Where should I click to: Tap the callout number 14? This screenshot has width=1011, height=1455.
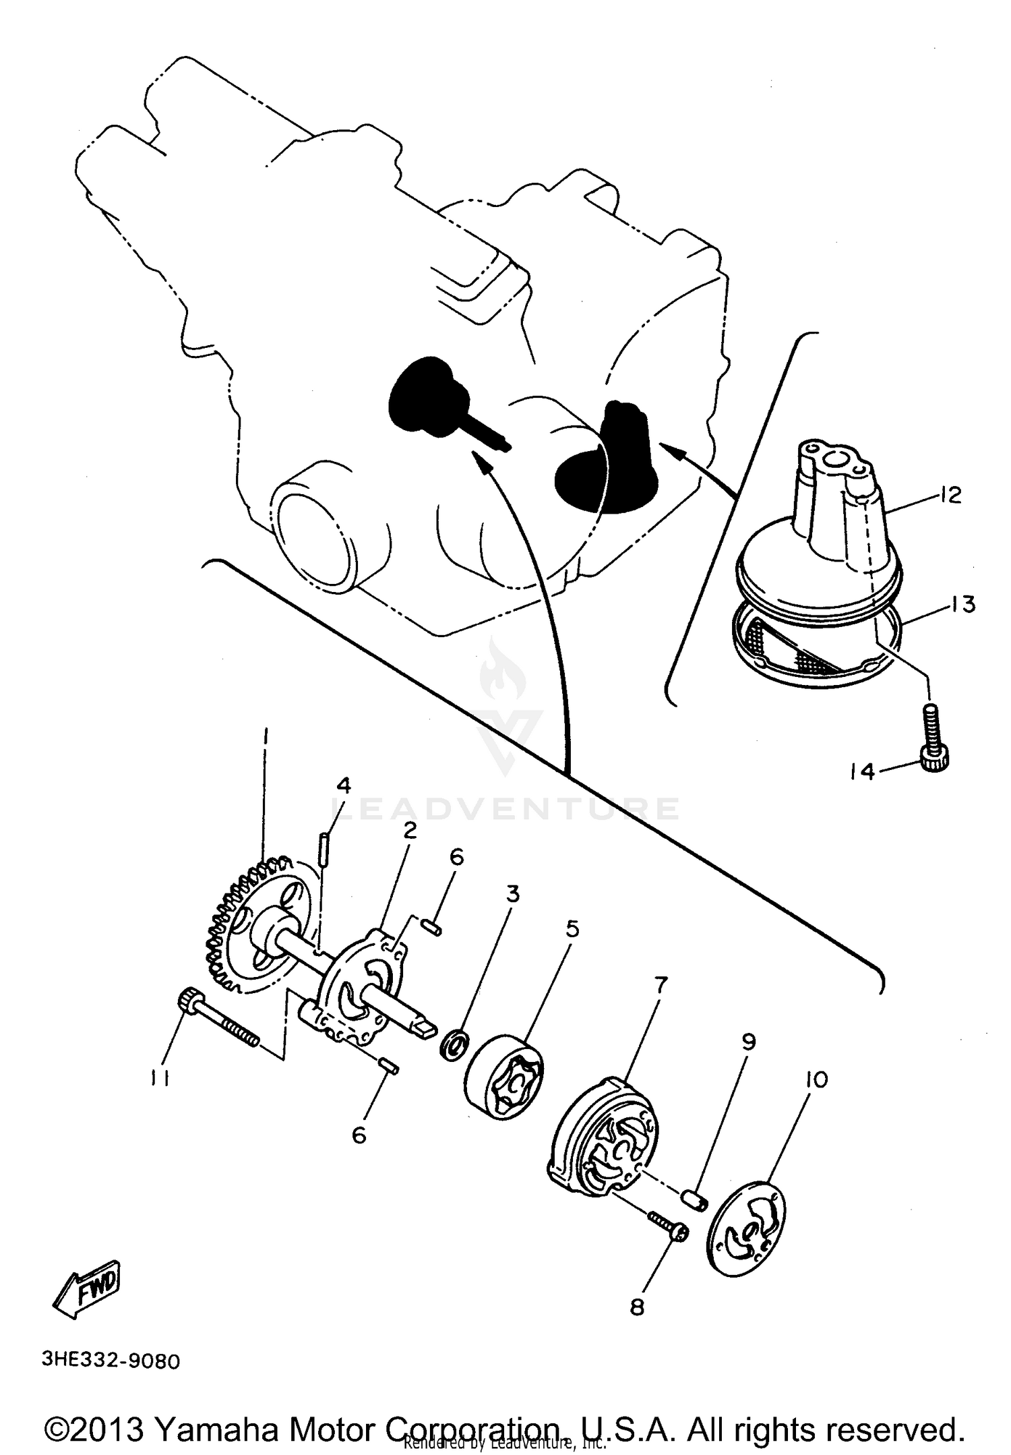pyautogui.click(x=862, y=771)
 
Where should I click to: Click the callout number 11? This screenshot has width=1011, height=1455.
pyautogui.click(x=158, y=1079)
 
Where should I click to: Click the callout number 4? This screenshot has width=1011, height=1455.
pyautogui.click(x=344, y=785)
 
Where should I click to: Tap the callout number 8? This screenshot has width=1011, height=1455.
pyautogui.click(x=637, y=1307)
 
